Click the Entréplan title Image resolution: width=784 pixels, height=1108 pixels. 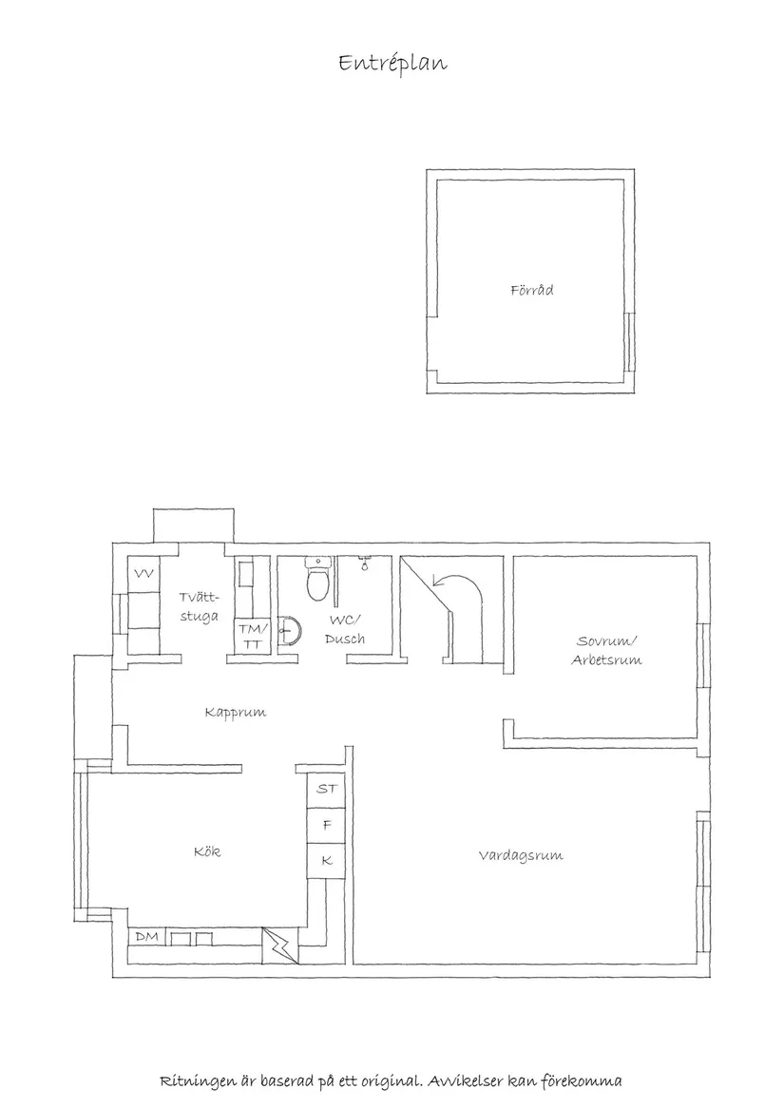(x=392, y=64)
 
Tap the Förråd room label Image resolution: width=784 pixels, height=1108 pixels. (x=531, y=290)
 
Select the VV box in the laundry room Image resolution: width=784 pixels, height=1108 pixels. (x=144, y=573)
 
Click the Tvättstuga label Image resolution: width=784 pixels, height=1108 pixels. (x=199, y=606)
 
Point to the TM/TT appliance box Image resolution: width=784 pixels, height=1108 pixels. (x=253, y=637)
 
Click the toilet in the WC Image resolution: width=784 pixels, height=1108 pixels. (x=316, y=581)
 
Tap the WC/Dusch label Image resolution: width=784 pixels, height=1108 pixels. (x=344, y=629)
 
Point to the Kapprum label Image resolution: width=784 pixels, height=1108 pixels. (x=235, y=712)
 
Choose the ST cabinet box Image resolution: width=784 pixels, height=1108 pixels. (x=327, y=789)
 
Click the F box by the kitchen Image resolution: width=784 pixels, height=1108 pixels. (x=327, y=825)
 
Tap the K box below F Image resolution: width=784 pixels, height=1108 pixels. (x=327, y=861)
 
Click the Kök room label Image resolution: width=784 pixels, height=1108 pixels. (x=206, y=851)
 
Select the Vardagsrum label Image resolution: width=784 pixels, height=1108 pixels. (x=520, y=855)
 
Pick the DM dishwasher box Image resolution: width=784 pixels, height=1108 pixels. (x=146, y=937)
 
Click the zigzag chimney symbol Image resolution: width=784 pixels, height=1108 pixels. (x=281, y=946)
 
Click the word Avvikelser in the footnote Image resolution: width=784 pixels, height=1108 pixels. (x=466, y=1081)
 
